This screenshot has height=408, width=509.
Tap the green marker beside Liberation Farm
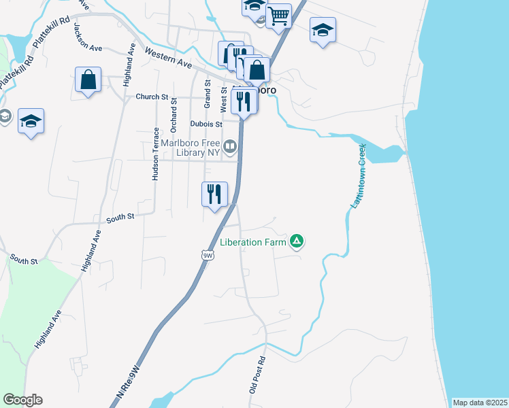(x=297, y=241)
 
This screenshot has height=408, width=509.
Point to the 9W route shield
(x=208, y=255)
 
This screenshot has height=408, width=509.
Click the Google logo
(x=22, y=400)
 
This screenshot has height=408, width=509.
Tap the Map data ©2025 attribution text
(x=480, y=403)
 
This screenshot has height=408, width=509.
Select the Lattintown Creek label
(x=357, y=175)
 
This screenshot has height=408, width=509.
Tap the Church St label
(x=152, y=97)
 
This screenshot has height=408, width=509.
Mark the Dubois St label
(x=206, y=124)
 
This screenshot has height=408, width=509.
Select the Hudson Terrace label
(x=156, y=154)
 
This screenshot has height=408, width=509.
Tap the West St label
(x=223, y=99)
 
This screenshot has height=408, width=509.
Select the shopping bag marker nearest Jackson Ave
(x=88, y=79)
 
